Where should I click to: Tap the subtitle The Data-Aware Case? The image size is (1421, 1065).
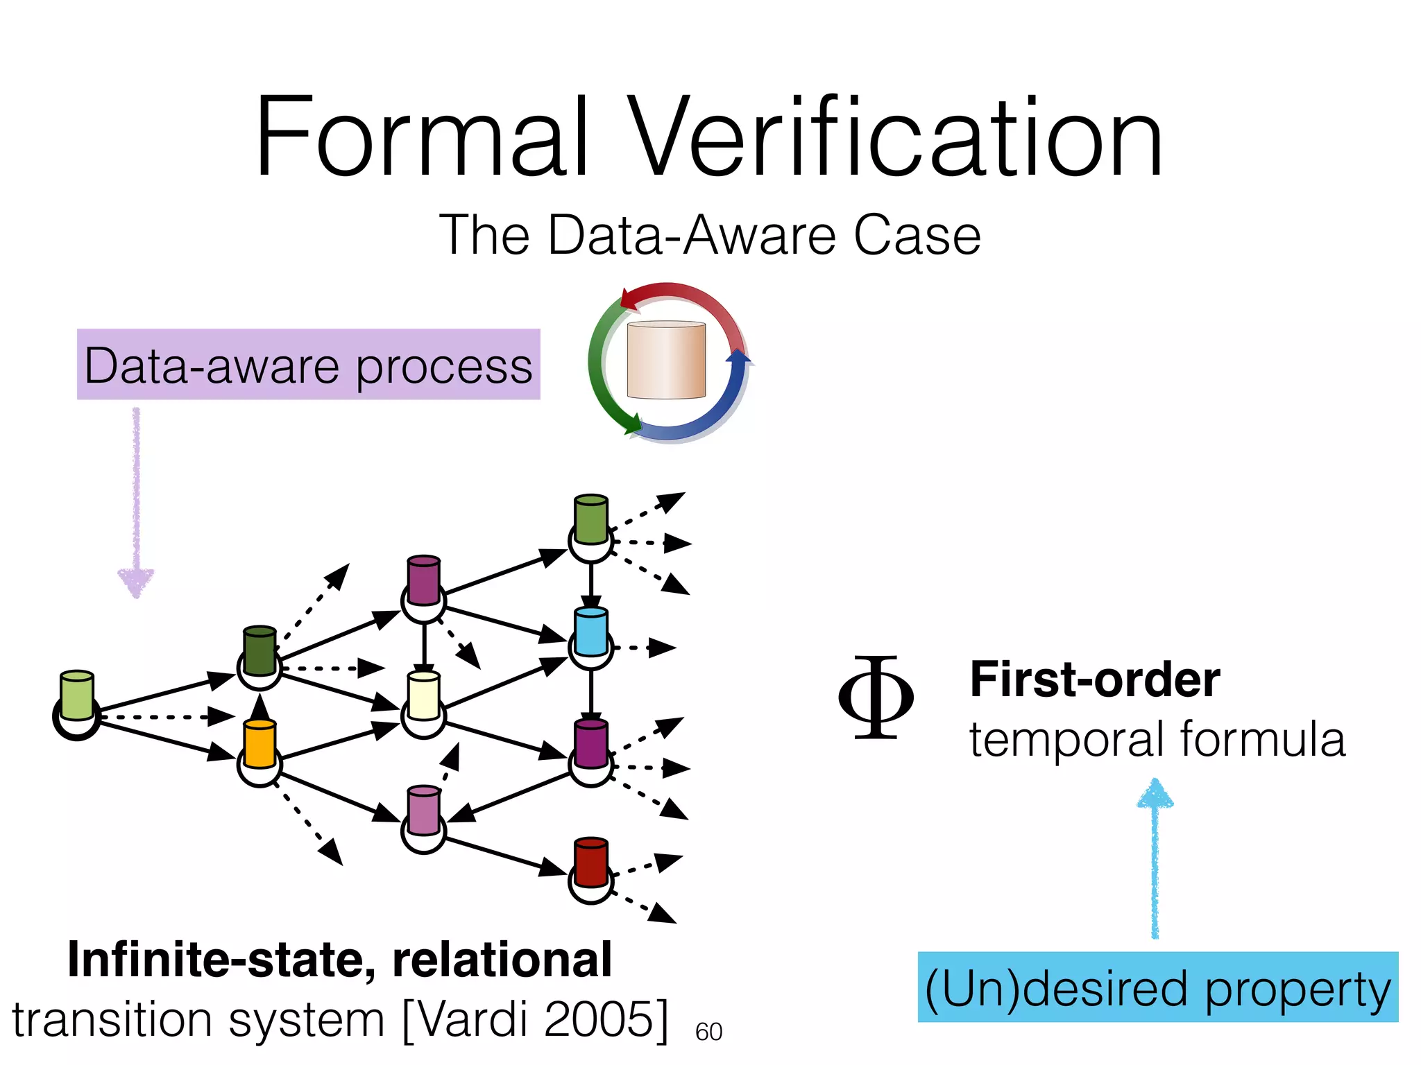click(x=710, y=236)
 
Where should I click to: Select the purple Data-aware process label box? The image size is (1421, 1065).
click(x=308, y=365)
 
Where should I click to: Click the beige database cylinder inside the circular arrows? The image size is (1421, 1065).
click(x=666, y=361)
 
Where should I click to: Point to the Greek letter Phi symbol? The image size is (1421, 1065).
click(x=876, y=697)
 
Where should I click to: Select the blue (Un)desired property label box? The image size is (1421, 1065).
click(x=1157, y=987)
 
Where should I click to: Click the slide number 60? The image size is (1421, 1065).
click(x=708, y=1032)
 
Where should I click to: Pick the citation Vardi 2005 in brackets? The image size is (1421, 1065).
click(x=536, y=1020)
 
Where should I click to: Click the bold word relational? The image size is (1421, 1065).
click(x=502, y=960)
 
